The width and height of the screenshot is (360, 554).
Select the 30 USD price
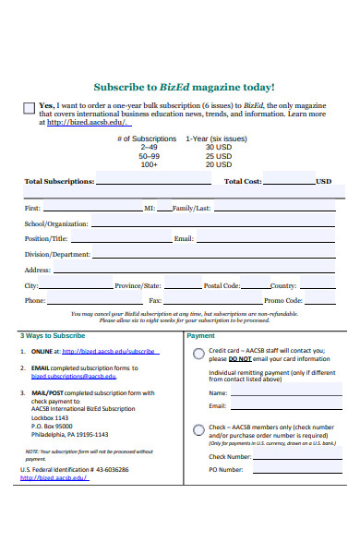pyautogui.click(x=218, y=147)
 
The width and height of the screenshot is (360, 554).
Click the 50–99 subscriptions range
pyautogui.click(x=149, y=155)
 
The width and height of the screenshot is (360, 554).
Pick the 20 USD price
pyautogui.click(x=218, y=164)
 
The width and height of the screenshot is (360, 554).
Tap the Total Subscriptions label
pyautogui.click(x=59, y=182)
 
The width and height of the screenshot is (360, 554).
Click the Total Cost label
pyautogui.click(x=243, y=182)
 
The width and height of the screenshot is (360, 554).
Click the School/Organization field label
pyautogui.click(x=56, y=223)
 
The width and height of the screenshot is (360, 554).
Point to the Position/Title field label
pyautogui.click(x=46, y=238)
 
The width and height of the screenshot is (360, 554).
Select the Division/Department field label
pyautogui.click(x=57, y=254)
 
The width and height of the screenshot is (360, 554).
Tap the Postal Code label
pyautogui.click(x=222, y=285)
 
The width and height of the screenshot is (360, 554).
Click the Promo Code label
pyautogui.click(x=283, y=301)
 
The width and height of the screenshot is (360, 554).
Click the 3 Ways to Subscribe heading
pyautogui.click(x=53, y=336)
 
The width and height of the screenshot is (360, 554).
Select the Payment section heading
pyautogui.click(x=200, y=336)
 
